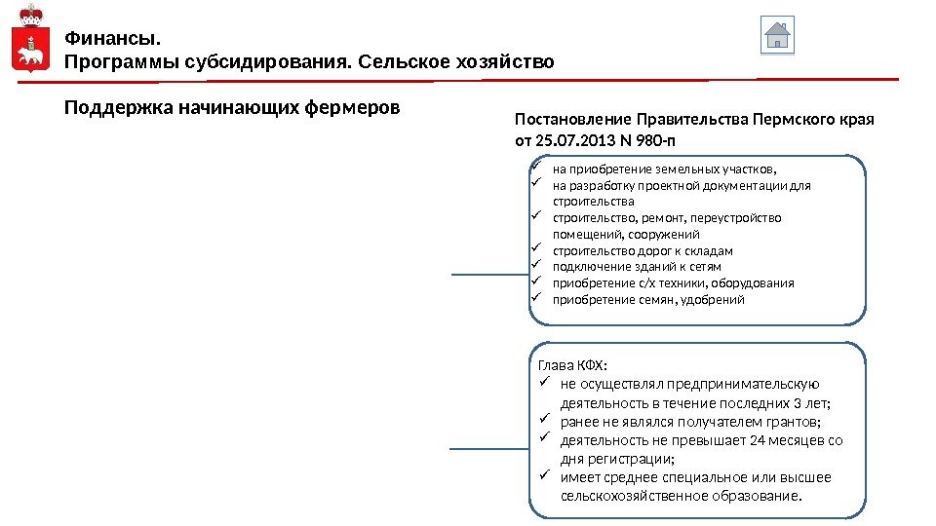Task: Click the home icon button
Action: coord(777,36)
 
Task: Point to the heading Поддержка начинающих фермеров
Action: coord(232,106)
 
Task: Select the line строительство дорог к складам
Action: coord(643,250)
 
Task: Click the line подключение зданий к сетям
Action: coord(637,267)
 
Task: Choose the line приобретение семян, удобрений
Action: coord(648,299)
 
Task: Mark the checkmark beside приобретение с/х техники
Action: coord(535,282)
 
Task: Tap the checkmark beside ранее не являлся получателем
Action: coord(545,421)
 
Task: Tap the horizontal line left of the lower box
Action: coord(490,449)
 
